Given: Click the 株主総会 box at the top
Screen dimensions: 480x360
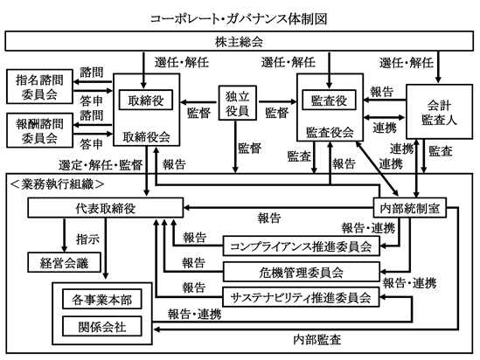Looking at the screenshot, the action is tap(239, 41).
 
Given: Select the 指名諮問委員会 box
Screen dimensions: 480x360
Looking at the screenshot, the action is tap(39, 87).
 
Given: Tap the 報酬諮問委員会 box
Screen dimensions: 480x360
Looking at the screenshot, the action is tap(39, 130).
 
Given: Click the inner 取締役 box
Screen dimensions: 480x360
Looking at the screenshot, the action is tap(146, 100).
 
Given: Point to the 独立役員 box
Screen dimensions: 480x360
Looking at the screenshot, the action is tap(237, 103).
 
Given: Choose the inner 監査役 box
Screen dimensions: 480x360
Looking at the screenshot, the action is tap(329, 100).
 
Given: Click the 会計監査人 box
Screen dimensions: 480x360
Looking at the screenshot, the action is tap(439, 112).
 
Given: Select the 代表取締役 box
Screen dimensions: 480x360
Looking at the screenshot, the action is tap(105, 208).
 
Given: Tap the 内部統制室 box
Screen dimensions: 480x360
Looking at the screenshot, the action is tap(409, 208).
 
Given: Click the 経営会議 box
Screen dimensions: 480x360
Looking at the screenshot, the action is tap(64, 262).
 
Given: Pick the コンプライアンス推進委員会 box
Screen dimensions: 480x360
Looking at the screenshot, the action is tap(302, 246).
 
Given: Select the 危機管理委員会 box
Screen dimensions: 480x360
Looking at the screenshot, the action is tap(302, 272).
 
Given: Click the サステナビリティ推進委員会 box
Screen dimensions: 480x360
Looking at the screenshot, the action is tap(301, 297).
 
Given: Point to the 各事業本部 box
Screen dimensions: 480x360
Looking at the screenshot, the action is tap(102, 299).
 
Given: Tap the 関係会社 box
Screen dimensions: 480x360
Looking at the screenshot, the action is tap(102, 326).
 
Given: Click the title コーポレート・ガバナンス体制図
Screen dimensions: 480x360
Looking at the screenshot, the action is tap(239, 18).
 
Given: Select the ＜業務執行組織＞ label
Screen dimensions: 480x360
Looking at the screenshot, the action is tap(57, 184).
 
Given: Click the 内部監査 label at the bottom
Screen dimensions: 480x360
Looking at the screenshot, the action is tap(317, 340).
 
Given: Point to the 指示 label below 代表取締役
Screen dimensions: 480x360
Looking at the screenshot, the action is tap(87, 239).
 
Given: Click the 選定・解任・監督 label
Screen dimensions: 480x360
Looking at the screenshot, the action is tap(101, 165).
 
